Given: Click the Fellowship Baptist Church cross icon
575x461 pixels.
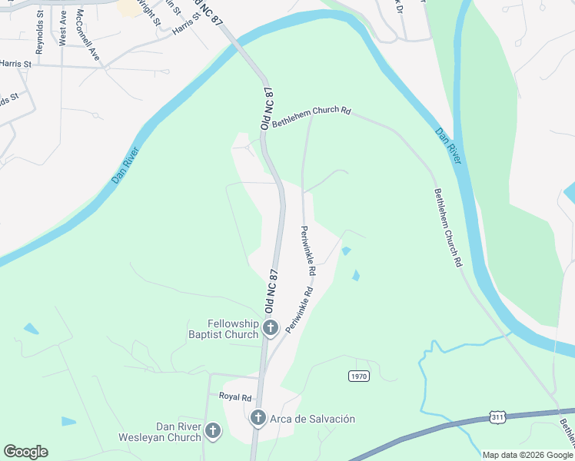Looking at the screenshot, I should [270, 329].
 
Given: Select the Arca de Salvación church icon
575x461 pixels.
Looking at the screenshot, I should [258, 419].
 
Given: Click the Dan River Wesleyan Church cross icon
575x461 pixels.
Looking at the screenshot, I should [213, 432].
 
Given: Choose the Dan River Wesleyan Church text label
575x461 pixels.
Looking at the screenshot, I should [159, 432].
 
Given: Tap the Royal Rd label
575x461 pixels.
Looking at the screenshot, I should [235, 397].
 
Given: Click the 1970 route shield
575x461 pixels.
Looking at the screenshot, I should [358, 376].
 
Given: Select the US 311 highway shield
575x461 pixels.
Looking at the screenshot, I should [500, 417].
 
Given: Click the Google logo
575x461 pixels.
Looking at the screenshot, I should [25, 452].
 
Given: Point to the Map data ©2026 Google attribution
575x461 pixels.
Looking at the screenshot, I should [528, 455].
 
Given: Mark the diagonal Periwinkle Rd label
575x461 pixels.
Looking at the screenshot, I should [300, 310].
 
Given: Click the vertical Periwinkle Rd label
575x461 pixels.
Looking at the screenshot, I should [307, 250].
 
